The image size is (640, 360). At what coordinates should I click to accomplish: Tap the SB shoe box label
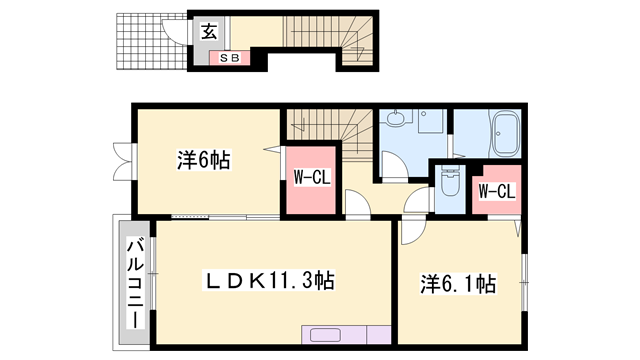tap(229, 58)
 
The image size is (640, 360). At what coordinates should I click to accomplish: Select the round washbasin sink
tap(396, 119)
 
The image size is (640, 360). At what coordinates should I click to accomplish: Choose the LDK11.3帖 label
tap(270, 282)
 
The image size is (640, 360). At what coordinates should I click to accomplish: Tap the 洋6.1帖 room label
tap(457, 284)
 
